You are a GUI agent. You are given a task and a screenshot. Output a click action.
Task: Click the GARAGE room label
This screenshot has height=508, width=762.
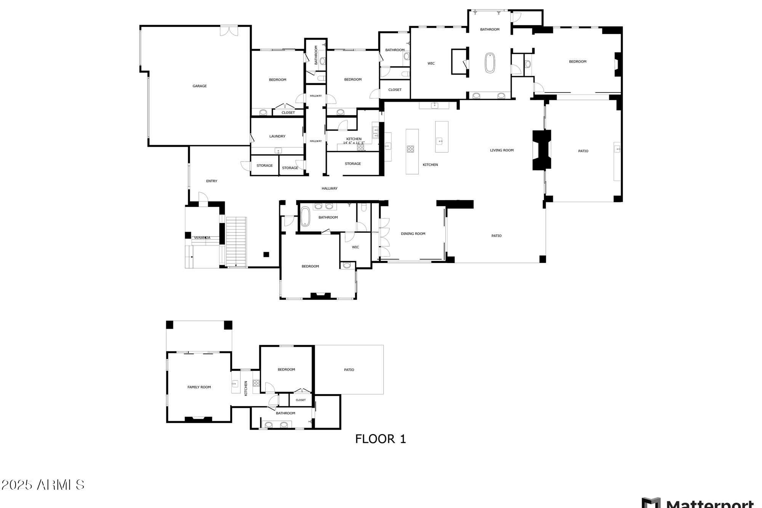tap(199, 86)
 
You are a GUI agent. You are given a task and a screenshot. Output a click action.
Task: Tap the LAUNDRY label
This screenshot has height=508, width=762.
tap(277, 136)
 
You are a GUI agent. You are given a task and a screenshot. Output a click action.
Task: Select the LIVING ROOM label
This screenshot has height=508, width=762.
tap(501, 150)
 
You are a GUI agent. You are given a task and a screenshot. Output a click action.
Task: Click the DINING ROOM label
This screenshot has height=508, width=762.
tap(413, 234)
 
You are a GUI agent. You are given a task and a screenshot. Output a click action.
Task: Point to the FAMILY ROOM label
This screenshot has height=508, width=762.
tap(199, 387)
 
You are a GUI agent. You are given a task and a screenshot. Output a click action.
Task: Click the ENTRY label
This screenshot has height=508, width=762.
tap(211, 181)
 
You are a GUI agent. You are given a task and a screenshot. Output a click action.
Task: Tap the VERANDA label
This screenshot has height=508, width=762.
tap(202, 238)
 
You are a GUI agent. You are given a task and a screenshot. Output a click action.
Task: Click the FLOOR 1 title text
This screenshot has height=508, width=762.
tap(380, 439)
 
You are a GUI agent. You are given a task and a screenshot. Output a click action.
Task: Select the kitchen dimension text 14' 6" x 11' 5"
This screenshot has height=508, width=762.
tap(354, 143)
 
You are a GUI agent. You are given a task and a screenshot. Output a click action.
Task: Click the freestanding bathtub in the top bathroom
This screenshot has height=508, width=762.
tap(490, 63)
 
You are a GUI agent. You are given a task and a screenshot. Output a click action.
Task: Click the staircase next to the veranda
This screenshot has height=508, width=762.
tap(236, 241)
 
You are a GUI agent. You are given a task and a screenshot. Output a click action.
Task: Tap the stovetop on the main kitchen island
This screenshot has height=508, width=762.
tap(411, 149)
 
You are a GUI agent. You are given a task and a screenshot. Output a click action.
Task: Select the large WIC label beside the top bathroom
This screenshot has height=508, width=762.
tap(431, 64)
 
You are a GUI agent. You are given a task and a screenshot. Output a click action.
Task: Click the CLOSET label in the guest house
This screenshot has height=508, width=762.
tap(300, 400)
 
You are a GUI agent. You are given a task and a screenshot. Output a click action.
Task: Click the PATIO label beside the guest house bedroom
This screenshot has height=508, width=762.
tap(349, 370)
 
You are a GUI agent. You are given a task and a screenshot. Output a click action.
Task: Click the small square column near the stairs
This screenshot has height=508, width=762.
tap(266, 254)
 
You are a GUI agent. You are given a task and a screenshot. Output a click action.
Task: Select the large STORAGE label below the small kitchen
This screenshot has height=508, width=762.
tap(352, 164)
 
